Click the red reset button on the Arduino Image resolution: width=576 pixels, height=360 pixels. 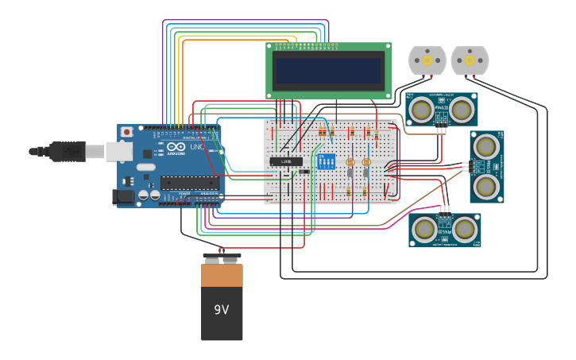pos(126,132)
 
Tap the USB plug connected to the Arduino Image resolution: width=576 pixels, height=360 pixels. pos(67,150)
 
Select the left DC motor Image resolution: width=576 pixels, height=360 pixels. pos(427,60)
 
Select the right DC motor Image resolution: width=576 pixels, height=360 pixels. pos(470,60)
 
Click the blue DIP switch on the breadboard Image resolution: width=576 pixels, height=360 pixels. pos(325,161)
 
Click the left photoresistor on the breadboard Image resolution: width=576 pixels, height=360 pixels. pos(350,162)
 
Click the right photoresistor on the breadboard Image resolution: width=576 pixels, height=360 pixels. pos(366,162)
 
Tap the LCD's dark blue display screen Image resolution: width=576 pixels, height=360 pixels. pos(328,71)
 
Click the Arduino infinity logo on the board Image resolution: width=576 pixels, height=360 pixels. pos(176,147)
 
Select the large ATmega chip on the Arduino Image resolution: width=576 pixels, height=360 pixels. pos(190,183)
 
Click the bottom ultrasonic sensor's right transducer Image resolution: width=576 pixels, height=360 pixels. pos(464,229)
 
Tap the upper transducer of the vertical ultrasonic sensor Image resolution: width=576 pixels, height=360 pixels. pos(485,146)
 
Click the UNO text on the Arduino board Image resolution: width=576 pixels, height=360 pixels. pos(197,147)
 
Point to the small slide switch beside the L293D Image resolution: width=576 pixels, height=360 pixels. pos(303,172)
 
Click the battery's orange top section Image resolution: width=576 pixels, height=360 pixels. pos(222,275)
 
